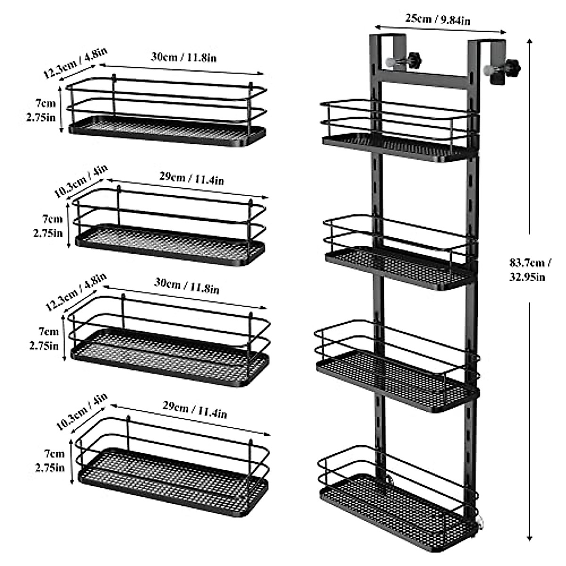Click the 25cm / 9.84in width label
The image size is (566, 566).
click(x=438, y=19)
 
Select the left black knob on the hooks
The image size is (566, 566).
click(x=415, y=60)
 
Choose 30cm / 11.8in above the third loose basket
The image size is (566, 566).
click(x=186, y=286)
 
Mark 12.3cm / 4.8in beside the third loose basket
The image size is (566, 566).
click(x=76, y=292)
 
